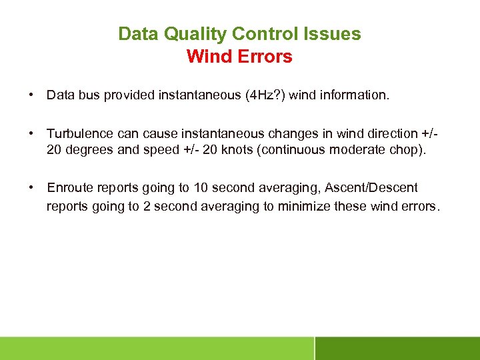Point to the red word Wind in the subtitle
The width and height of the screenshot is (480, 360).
tap(209, 57)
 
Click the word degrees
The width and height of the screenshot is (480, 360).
tap(89, 149)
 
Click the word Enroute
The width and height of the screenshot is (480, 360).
tap(69, 189)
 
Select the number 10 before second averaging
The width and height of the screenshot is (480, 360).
tap(201, 189)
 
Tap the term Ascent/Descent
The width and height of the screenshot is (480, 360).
tap(371, 189)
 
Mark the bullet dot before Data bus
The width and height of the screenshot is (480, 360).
tap(31, 95)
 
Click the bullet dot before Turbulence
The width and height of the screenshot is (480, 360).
tap(31, 133)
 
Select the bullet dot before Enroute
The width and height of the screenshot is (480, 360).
tap(31, 189)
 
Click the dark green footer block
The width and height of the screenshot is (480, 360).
tap(397, 348)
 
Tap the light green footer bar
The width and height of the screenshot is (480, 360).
tap(157, 348)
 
